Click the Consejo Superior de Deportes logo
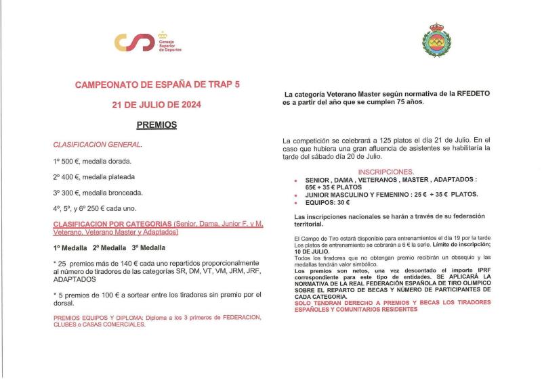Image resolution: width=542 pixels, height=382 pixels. point(148,42)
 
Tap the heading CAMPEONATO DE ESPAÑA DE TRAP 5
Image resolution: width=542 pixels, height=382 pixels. point(157,86)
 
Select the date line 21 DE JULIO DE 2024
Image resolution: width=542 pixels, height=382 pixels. point(157,105)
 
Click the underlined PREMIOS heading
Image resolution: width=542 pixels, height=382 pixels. point(157,125)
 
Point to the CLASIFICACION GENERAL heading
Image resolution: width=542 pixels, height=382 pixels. point(98,145)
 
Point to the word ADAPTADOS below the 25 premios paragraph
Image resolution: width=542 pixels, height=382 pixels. point(74,279)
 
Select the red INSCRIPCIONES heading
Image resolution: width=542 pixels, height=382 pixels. point(385,172)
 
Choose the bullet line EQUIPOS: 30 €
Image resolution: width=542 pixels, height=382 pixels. point(328,202)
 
